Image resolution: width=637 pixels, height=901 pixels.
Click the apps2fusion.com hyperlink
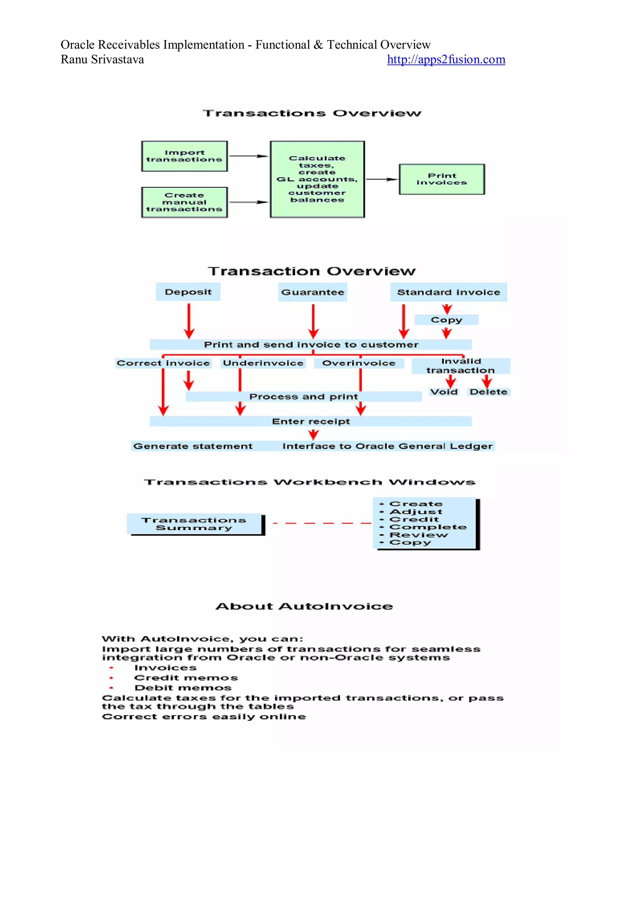[x=446, y=60]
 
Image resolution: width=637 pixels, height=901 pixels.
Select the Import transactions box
[x=184, y=156]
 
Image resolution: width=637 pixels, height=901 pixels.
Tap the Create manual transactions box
[x=184, y=203]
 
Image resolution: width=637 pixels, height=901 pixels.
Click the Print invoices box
[x=442, y=179]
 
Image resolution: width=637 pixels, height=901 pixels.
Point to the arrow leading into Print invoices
[x=381, y=179]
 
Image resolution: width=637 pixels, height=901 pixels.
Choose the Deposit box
[x=188, y=292]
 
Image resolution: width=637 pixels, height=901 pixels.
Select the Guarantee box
[x=313, y=292]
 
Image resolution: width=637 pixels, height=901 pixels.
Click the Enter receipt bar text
[x=311, y=421]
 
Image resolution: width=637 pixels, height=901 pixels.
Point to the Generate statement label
[x=193, y=446]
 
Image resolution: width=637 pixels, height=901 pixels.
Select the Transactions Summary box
[x=194, y=524]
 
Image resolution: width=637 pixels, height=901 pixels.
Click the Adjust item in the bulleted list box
[x=416, y=512]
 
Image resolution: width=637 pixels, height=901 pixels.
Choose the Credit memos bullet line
[x=186, y=678]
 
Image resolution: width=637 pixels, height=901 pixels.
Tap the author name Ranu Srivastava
[x=102, y=60]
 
